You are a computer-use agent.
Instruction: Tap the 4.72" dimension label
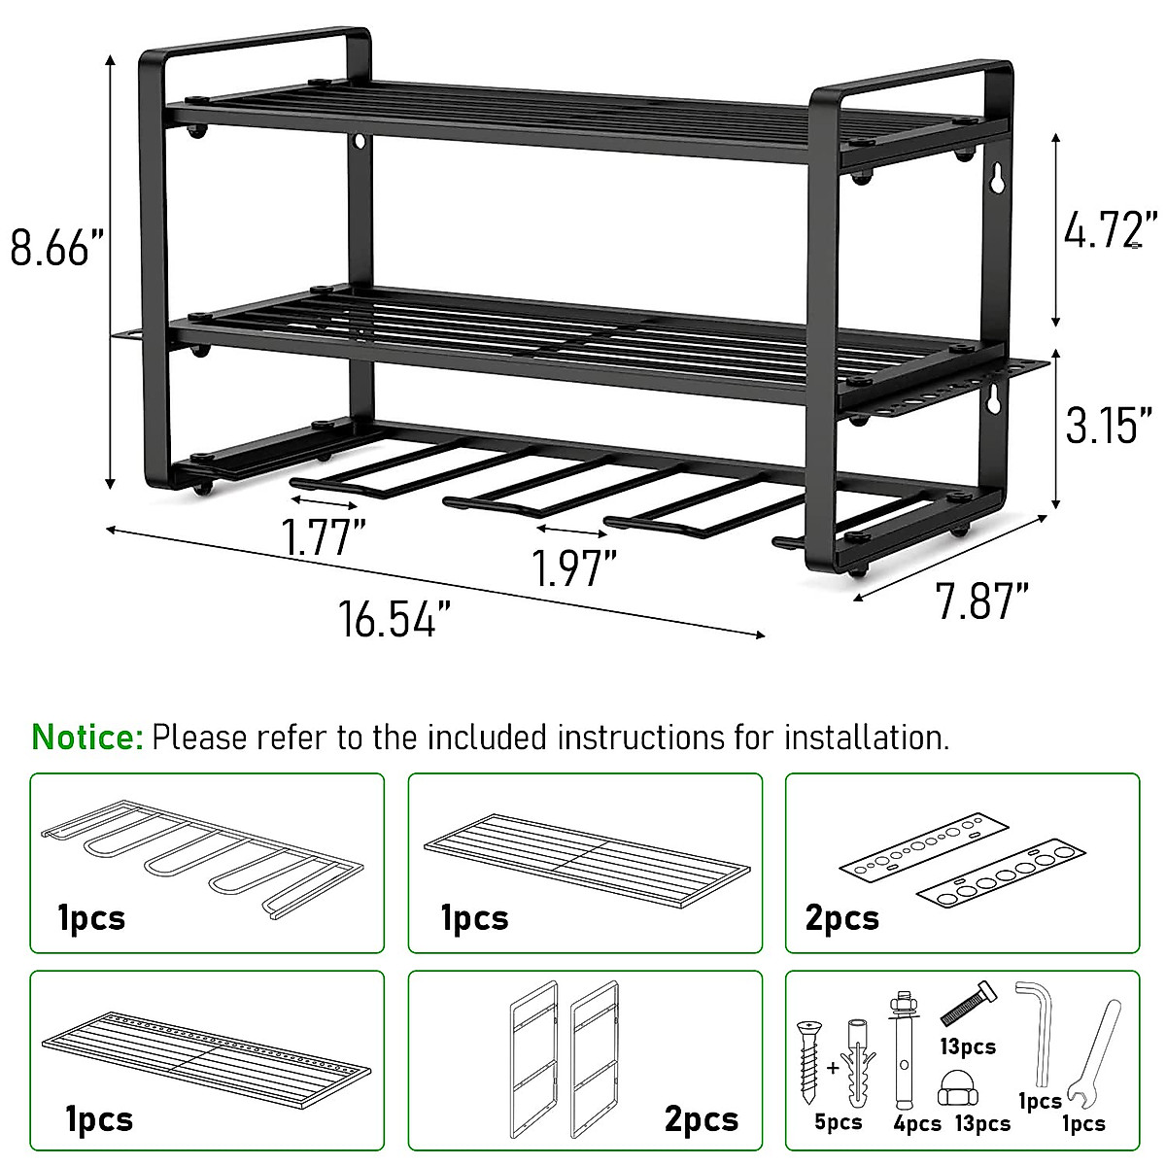(x=1109, y=231)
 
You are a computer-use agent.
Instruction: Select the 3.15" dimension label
(x=1109, y=424)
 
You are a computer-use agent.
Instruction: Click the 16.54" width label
(x=394, y=619)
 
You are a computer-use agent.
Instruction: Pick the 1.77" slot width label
(x=324, y=538)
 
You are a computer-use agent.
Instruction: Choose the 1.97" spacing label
(x=573, y=568)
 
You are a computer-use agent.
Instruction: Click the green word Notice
(x=87, y=737)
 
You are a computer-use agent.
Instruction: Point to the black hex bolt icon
(x=968, y=1004)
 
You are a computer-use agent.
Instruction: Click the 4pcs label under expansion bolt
(x=917, y=1123)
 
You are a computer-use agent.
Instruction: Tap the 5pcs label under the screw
(x=838, y=1123)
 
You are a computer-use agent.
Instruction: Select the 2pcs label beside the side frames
(x=702, y=1119)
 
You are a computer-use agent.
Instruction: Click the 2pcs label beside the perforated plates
(x=841, y=918)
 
